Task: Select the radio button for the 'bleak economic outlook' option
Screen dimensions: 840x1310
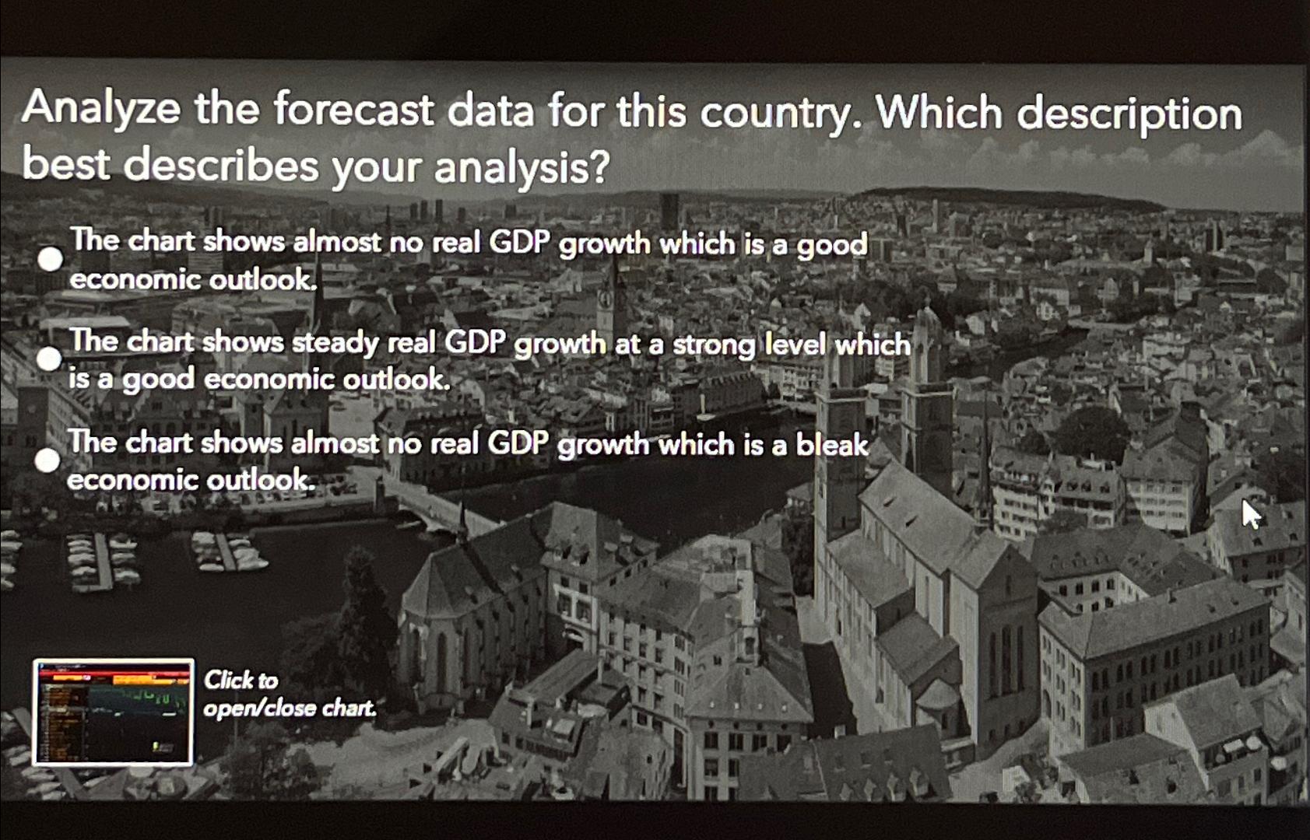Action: (x=47, y=460)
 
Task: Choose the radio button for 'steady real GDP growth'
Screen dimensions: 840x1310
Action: (x=49, y=359)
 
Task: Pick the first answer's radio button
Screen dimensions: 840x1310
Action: (x=51, y=259)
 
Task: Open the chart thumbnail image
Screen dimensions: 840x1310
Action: (x=114, y=712)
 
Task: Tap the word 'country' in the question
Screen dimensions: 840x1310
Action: (x=779, y=114)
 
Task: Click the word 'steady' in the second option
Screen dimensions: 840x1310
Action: (x=335, y=343)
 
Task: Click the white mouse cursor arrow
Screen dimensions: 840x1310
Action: (x=1250, y=514)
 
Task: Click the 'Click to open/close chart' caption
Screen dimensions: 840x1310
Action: (x=289, y=694)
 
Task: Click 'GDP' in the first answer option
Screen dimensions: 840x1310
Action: (x=519, y=243)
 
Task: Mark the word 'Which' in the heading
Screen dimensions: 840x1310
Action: (x=939, y=114)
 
